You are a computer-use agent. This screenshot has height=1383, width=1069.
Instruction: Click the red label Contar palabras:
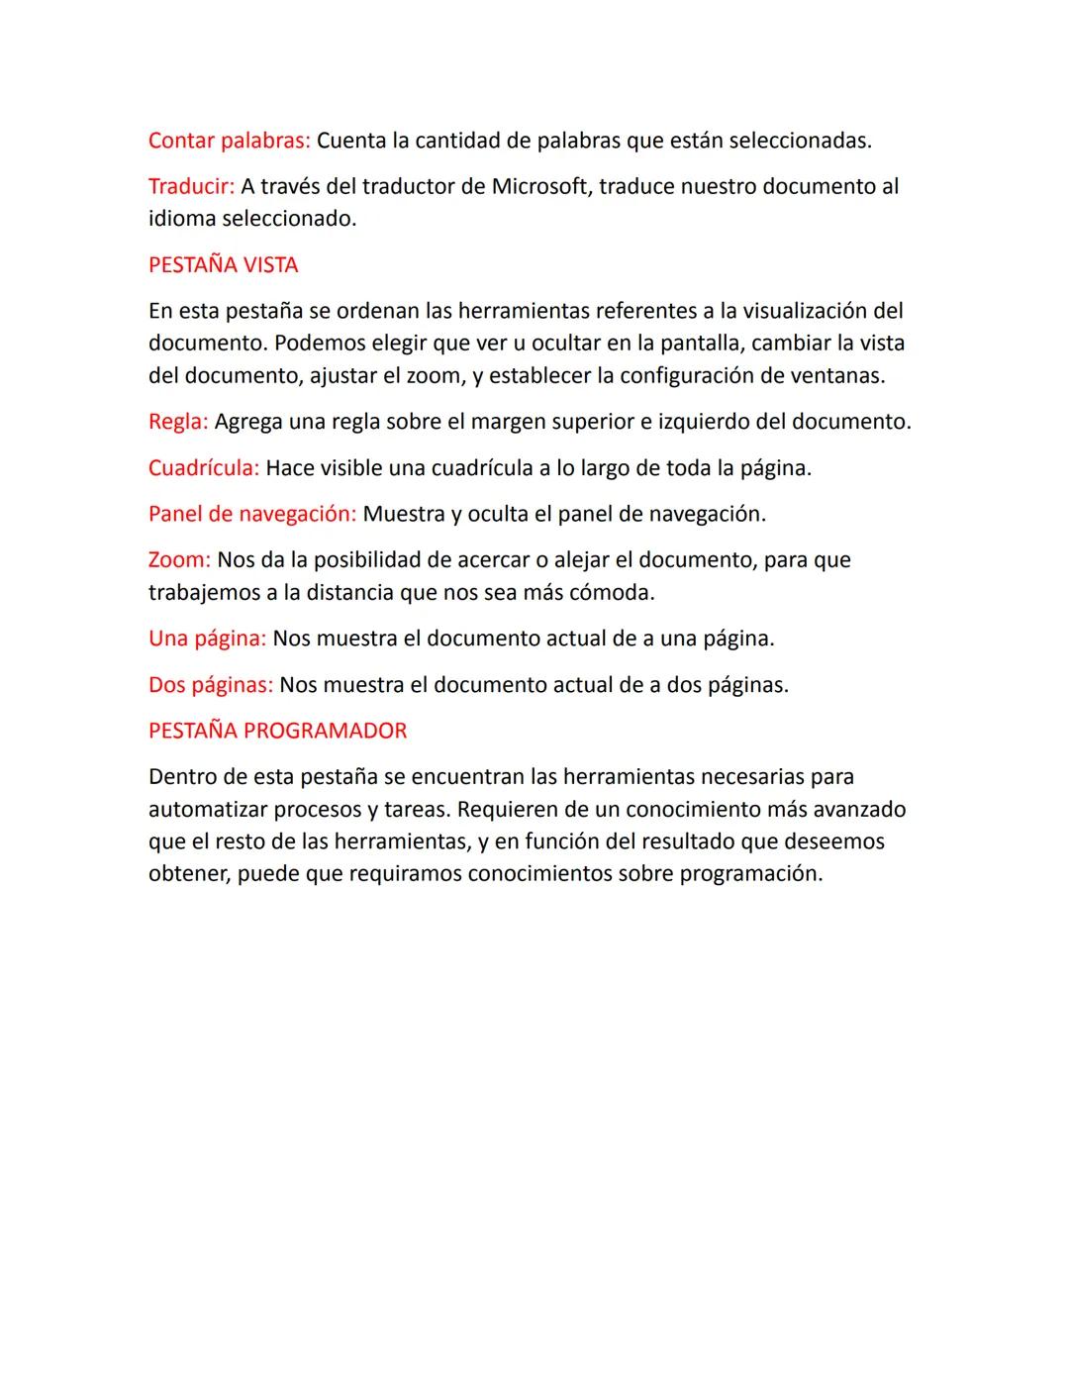click(x=229, y=141)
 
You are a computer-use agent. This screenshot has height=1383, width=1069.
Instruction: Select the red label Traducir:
click(x=191, y=186)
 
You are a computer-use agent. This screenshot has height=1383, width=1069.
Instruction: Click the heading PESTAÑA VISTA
click(x=223, y=265)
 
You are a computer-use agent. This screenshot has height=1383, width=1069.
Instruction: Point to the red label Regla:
click(x=177, y=422)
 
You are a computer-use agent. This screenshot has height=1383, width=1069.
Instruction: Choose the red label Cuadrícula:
click(x=203, y=467)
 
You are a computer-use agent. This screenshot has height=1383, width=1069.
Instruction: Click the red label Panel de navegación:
click(x=251, y=514)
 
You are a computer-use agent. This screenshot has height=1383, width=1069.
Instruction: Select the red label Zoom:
click(x=179, y=559)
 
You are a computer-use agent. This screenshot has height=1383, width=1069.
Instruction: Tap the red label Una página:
click(x=207, y=639)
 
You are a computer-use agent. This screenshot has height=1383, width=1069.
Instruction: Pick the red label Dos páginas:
click(x=210, y=685)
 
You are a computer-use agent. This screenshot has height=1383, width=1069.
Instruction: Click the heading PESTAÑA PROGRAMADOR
click(x=277, y=731)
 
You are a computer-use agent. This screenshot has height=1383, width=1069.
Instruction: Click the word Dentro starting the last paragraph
click(x=182, y=776)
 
